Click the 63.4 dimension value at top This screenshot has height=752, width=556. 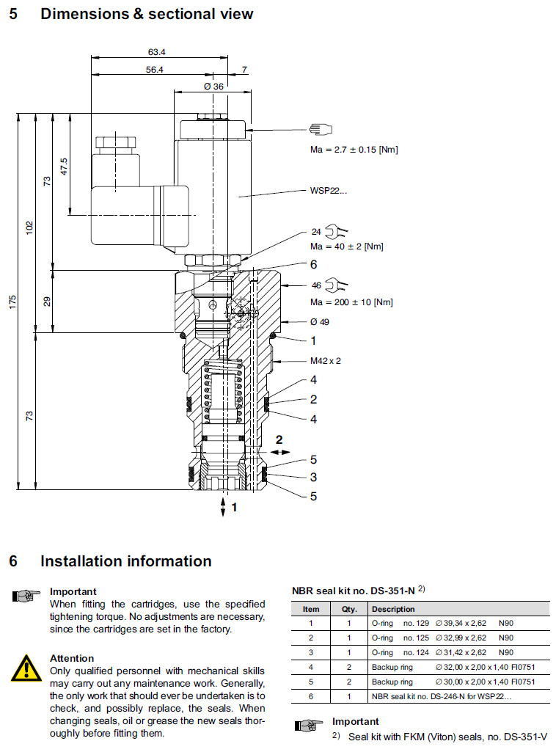[156, 51]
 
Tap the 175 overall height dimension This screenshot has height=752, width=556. [12, 302]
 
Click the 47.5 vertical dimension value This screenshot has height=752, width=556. [64, 166]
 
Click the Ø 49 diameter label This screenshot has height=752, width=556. [319, 321]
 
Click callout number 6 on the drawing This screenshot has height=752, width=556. [313, 265]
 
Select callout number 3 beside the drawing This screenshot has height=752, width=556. [313, 478]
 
